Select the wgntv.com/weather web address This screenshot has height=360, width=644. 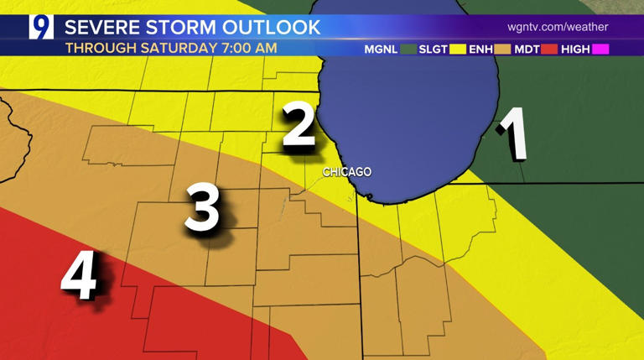[558, 28]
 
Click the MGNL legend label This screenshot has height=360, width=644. [382, 50]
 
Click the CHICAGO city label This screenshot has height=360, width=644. [347, 172]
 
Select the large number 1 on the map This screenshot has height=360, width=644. [513, 133]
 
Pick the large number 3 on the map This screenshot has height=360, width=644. [204, 209]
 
